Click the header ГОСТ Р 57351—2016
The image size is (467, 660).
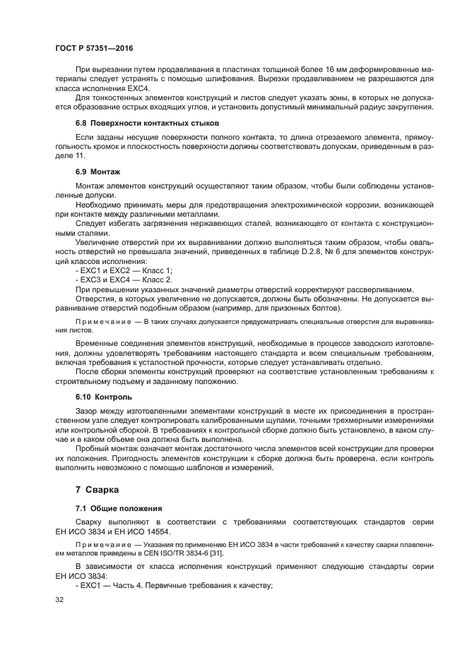(x=93, y=47)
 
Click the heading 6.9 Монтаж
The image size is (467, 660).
(x=97, y=172)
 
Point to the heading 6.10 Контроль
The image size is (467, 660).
(x=103, y=397)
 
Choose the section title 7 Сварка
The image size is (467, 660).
(x=97, y=489)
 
